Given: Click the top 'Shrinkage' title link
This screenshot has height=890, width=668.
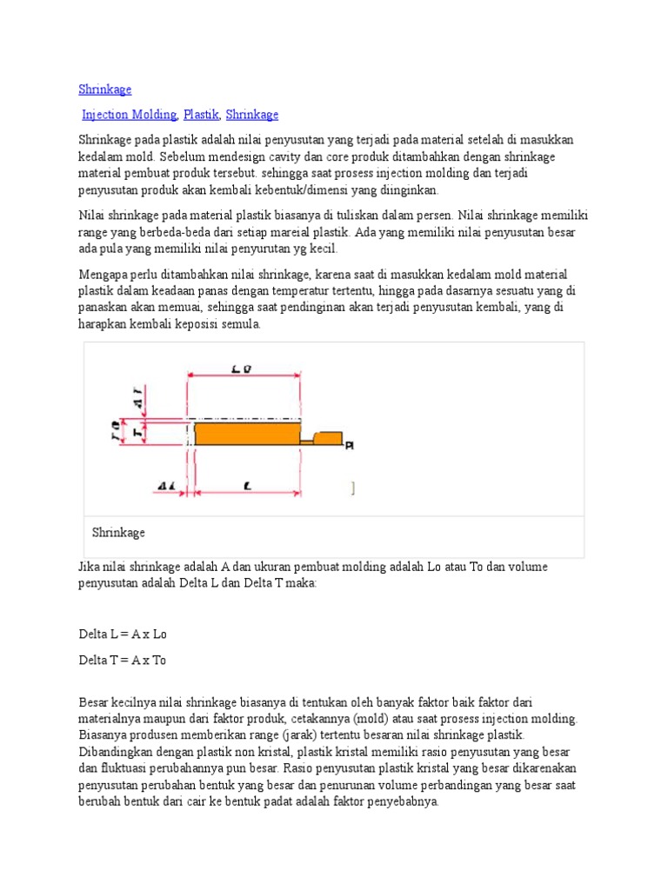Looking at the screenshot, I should pos(104,90).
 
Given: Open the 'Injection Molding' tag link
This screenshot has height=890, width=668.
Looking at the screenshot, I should pos(130,115).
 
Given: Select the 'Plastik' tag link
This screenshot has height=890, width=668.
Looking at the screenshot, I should pos(201,115).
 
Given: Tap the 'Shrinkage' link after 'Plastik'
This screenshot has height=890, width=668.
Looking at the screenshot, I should pos(252,115).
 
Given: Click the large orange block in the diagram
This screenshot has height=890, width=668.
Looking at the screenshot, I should pos(247,433).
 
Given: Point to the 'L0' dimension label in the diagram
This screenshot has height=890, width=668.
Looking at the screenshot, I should pos(242,370).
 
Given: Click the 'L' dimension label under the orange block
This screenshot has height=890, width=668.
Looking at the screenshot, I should pos(248,487).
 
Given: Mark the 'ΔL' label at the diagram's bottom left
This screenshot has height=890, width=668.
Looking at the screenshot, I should pos(167,487).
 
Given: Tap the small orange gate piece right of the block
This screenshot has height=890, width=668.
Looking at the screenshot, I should pos(328,438).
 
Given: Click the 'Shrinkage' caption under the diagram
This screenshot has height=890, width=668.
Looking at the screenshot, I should pos(118,533).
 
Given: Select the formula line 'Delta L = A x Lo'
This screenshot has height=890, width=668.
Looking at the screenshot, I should pos(122,634).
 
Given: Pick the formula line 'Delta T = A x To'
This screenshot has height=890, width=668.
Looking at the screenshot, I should pos(122,661).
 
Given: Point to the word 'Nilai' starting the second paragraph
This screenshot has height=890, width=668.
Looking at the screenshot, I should pos(92,216).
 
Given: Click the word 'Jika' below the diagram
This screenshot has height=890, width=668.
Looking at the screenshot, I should pos(90,567).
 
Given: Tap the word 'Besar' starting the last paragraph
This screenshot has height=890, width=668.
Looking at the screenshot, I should pos(94,702).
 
